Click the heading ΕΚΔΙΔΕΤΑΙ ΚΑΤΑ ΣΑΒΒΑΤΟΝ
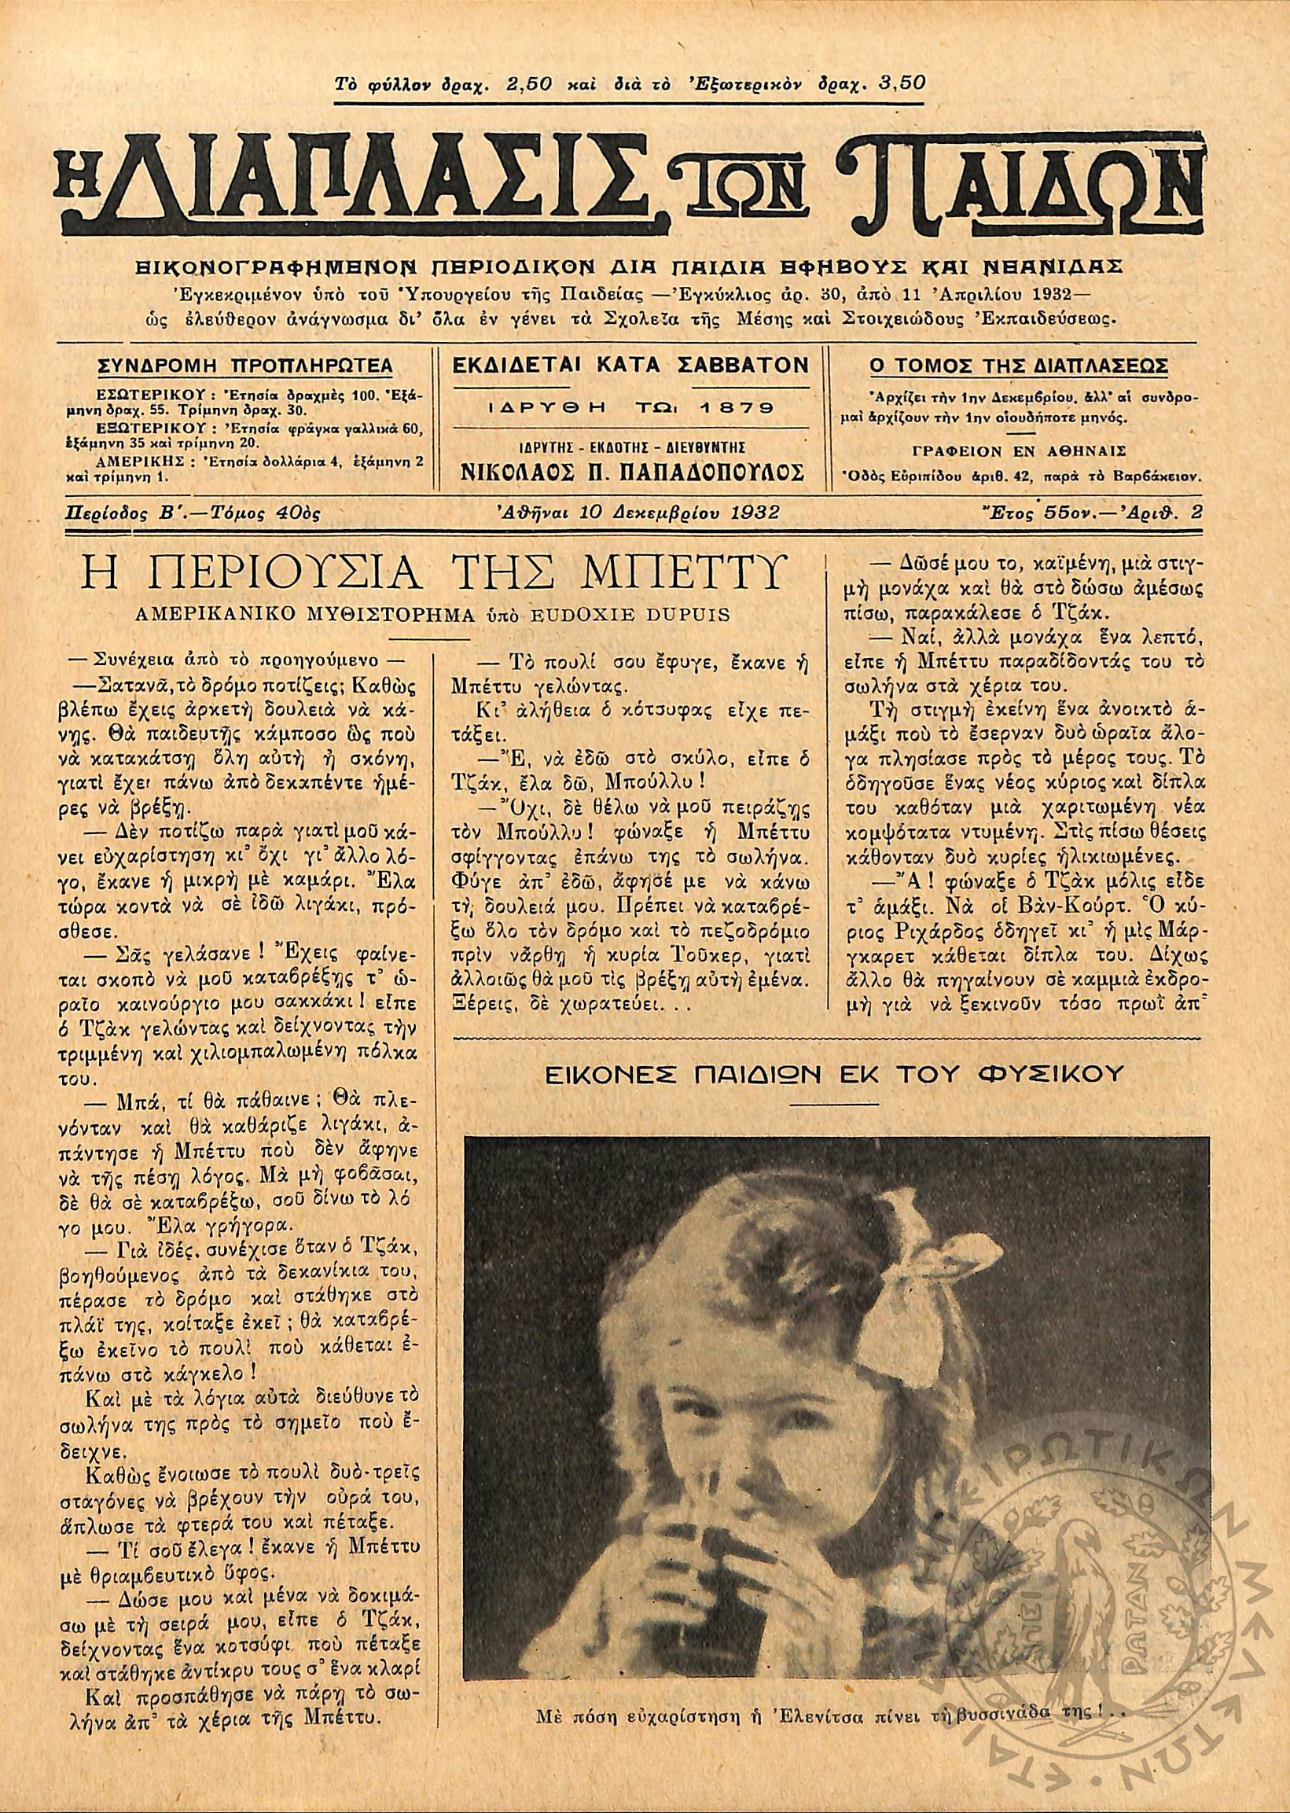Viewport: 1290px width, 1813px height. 630,366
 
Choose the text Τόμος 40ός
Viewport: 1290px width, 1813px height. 277,513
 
